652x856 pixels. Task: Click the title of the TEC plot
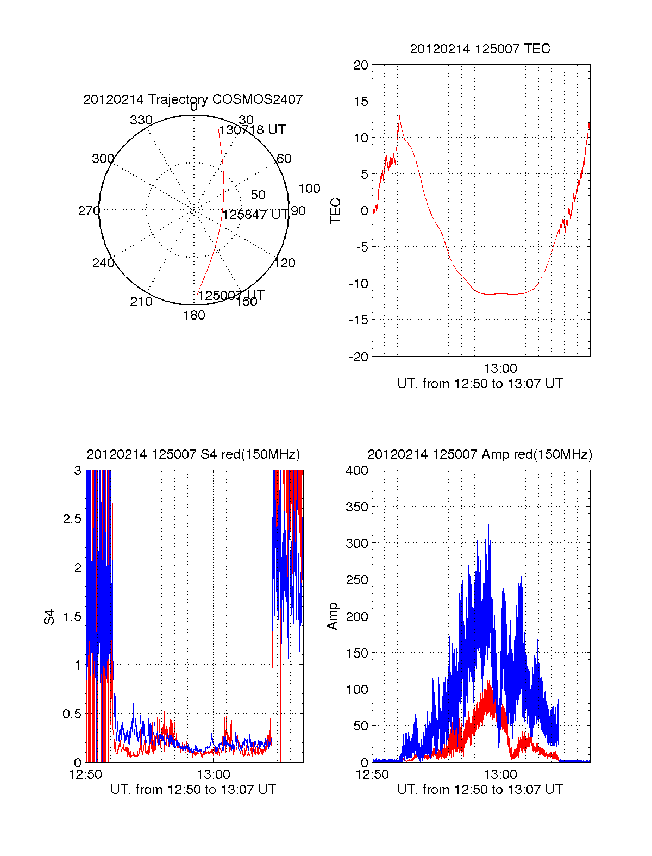480,49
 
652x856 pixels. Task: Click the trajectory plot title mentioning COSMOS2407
193,99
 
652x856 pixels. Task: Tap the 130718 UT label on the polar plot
252,130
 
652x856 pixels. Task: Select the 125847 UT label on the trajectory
255,215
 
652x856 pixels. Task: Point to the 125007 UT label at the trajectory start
231,296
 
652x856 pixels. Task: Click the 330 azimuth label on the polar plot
141,120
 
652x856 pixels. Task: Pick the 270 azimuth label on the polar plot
89,211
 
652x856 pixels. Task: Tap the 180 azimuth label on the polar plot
194,315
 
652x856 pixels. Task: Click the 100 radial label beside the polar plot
309,189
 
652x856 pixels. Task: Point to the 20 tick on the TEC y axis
361,66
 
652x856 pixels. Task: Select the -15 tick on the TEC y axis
359,320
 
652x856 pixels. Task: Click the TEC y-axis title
336,211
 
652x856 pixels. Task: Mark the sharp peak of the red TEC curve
399,117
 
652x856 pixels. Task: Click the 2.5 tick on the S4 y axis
72,519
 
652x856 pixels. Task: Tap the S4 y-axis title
49,617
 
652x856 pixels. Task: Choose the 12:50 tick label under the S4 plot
85,774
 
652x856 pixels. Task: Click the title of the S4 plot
193,454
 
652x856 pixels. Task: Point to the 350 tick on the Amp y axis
357,507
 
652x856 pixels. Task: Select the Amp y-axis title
333,616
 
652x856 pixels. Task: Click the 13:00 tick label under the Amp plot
500,774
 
